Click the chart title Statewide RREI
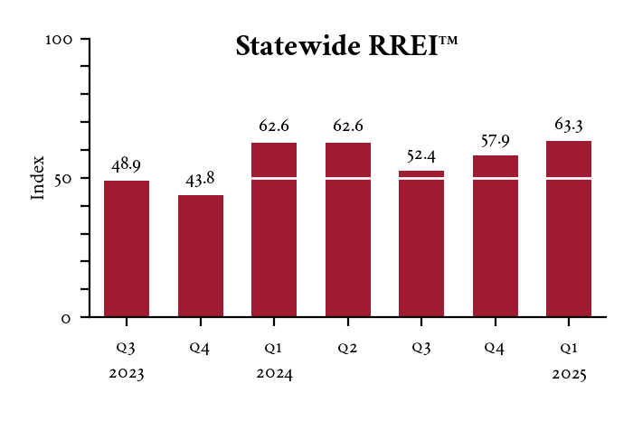pyautogui.click(x=346, y=46)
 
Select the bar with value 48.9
pyautogui.click(x=127, y=248)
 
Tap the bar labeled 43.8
pyautogui.click(x=201, y=256)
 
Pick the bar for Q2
pyautogui.click(x=348, y=229)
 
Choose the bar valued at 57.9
pyautogui.click(x=496, y=236)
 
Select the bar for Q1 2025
pyautogui.click(x=569, y=229)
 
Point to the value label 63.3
pyautogui.click(x=569, y=125)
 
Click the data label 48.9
pyautogui.click(x=127, y=165)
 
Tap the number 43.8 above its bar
pyautogui.click(x=201, y=180)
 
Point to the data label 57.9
pyautogui.click(x=496, y=140)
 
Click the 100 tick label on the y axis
pyautogui.click(x=65, y=40)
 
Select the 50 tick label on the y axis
pyautogui.click(x=70, y=178)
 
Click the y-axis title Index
pyautogui.click(x=38, y=178)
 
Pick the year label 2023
pyautogui.click(x=127, y=372)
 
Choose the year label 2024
pyautogui.click(x=274, y=372)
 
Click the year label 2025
pyautogui.click(x=569, y=372)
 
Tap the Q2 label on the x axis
pyautogui.click(x=348, y=347)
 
